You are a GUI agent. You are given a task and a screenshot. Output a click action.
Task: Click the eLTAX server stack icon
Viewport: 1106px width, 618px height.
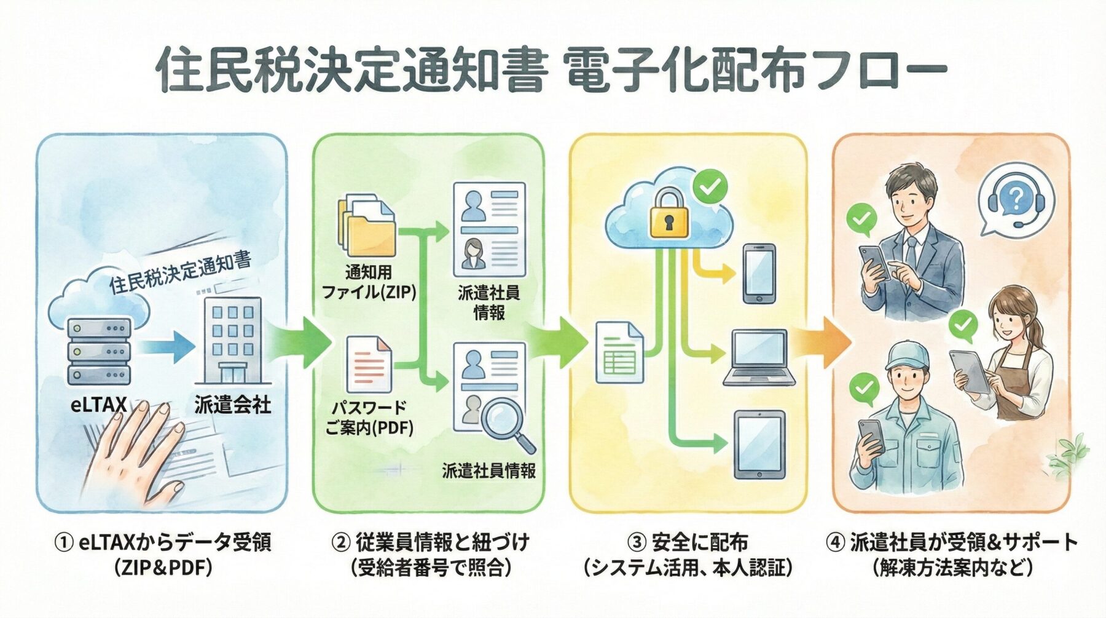(x=99, y=351)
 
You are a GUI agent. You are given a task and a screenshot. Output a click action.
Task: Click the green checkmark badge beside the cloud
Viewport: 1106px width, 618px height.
(x=710, y=186)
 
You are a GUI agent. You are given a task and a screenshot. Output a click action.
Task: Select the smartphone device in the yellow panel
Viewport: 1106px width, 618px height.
(x=759, y=273)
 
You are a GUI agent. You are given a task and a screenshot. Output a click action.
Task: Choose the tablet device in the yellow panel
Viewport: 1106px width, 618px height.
(x=760, y=444)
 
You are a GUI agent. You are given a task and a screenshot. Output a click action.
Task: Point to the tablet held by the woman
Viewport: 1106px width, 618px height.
(x=970, y=371)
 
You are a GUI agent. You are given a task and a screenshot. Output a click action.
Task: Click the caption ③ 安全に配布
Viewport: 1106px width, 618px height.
(x=688, y=542)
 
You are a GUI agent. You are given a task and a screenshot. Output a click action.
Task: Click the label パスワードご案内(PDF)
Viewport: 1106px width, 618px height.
(x=369, y=418)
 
